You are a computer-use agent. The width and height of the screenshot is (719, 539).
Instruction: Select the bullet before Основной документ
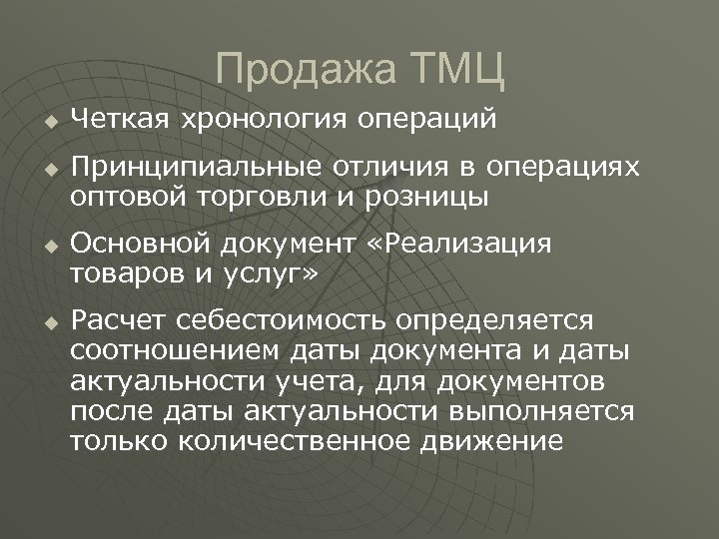pos(49,246)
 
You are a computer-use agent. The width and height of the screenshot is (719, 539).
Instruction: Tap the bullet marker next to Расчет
pos(49,321)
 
